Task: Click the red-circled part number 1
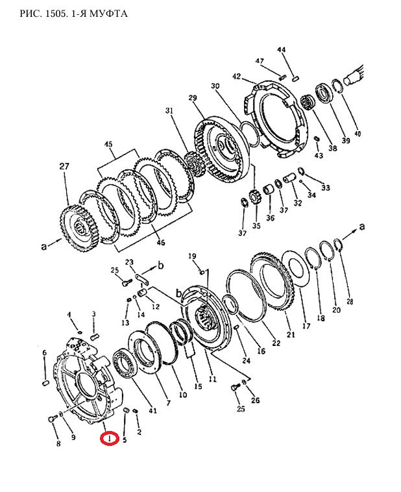109,439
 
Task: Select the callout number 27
64,166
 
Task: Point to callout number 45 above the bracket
108,145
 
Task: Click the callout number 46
161,243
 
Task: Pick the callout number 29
193,98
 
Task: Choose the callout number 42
237,76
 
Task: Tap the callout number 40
358,134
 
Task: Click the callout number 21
291,334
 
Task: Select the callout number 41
152,410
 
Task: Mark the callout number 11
212,379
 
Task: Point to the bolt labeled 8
52,419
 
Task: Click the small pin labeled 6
45,383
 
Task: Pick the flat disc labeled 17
296,273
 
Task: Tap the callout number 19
192,256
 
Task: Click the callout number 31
169,111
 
